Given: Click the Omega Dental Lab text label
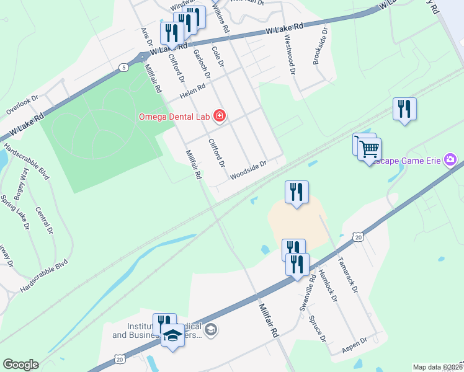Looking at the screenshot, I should click(174, 116).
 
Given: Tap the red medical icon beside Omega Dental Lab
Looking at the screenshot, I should click(219, 115).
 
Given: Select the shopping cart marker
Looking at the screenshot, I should click(369, 149).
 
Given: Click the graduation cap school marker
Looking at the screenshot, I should click(172, 337).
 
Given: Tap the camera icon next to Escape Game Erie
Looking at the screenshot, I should click(450, 161).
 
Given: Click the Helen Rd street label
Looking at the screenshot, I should click(192, 92).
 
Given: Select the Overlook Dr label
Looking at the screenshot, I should click(22, 105).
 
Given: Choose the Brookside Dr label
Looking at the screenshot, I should click(320, 48).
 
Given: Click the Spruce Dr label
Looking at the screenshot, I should click(317, 328).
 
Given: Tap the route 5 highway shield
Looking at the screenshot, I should click(125, 67).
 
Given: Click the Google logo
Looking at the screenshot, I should click(20, 365).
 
